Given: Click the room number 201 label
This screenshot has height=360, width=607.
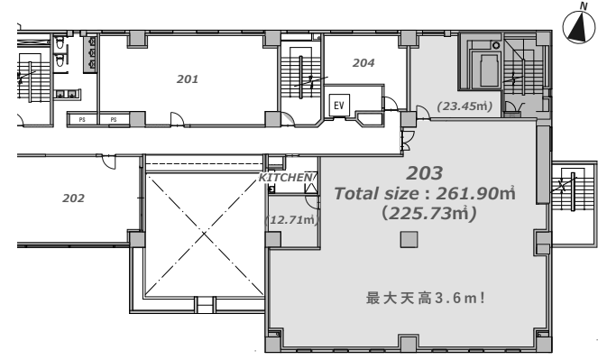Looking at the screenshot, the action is click(188, 79).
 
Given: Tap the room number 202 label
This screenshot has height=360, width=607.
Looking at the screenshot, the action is click(73, 198).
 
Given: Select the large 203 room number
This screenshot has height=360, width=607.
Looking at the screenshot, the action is click(424, 173).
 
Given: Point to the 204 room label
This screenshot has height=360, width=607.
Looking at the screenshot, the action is click(363, 63).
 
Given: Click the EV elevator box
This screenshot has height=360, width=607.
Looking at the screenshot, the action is click(339, 105).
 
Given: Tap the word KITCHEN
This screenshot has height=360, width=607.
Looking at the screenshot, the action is click(286, 177).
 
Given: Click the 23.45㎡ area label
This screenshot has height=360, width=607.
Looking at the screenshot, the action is click(464, 106).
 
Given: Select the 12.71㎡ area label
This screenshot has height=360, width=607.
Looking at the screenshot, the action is click(291, 220).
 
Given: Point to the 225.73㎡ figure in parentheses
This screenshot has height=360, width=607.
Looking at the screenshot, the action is click(429, 213).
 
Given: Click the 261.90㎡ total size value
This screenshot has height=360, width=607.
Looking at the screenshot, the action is click(475, 193).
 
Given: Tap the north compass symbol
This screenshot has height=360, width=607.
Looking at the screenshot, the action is click(579, 27).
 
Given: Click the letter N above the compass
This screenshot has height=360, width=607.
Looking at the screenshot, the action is click(584, 5).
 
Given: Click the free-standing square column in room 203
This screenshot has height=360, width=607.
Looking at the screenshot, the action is click(409, 240).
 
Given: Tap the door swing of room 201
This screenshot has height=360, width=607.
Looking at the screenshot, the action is click(178, 118).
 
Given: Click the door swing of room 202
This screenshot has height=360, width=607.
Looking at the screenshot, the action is click(109, 162).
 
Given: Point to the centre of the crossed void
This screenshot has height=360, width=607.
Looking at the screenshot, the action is click(204, 234).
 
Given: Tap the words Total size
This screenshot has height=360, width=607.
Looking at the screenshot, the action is click(376, 194).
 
